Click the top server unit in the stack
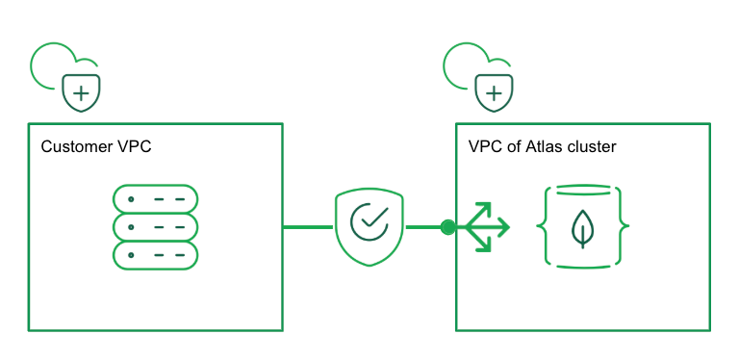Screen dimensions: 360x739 pos(155,199)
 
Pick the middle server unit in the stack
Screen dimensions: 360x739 pos(155,227)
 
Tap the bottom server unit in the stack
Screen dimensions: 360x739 pos(155,255)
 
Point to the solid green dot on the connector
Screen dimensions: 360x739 pos(447,227)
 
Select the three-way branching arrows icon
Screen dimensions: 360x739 pos(485,227)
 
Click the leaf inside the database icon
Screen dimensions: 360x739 pos(583,228)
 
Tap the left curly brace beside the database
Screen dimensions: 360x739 pos(543,228)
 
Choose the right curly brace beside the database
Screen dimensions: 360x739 pos(624,228)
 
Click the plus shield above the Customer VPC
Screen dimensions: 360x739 pos(83,92)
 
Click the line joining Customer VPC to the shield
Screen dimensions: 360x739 pos(308,227)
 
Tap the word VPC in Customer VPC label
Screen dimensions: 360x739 pos(134,147)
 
